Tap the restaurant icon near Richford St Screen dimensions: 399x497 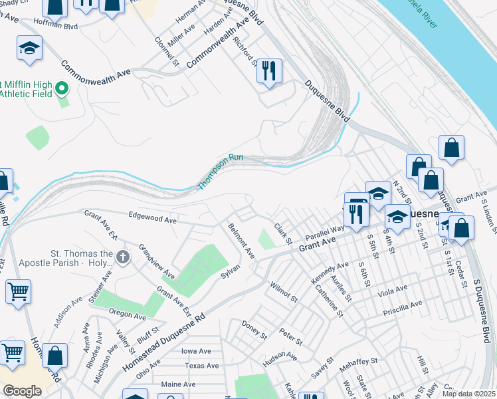269,71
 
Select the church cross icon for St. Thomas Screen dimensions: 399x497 122,257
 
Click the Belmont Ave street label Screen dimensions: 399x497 241,241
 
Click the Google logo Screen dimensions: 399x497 22,390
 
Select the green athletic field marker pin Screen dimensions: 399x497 62,88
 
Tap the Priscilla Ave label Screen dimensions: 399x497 403,304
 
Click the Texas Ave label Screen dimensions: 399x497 202,366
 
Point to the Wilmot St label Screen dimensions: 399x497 283,291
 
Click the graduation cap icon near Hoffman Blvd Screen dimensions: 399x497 30,48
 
